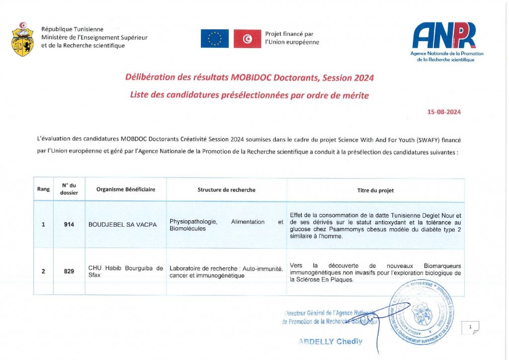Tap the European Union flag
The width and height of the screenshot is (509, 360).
[215, 38]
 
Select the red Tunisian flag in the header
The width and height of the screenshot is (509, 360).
[247, 38]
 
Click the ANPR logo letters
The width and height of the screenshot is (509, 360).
[444, 36]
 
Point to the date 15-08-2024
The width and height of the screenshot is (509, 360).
[444, 112]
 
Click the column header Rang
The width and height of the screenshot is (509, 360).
[43, 189]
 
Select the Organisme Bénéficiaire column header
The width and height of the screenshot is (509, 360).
[126, 189]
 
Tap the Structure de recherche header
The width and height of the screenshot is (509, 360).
[227, 189]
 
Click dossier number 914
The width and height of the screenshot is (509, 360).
[69, 225]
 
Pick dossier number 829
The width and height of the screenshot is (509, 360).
[69, 271]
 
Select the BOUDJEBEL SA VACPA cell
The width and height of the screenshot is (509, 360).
[122, 225]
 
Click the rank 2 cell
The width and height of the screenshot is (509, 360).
[43, 271]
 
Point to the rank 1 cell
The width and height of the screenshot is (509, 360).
[43, 225]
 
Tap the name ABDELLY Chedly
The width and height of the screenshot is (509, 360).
[330, 342]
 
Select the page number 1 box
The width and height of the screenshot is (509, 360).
[470, 327]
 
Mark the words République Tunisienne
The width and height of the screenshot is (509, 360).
[72, 29]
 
